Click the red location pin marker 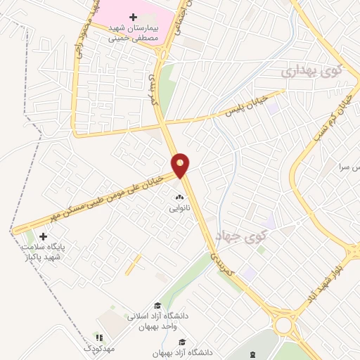181,165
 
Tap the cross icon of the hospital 133,16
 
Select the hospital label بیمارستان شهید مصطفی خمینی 133,33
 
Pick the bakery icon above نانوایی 179,198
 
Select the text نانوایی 179,209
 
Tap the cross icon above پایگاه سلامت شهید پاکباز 44,237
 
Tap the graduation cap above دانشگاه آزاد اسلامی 157,305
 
